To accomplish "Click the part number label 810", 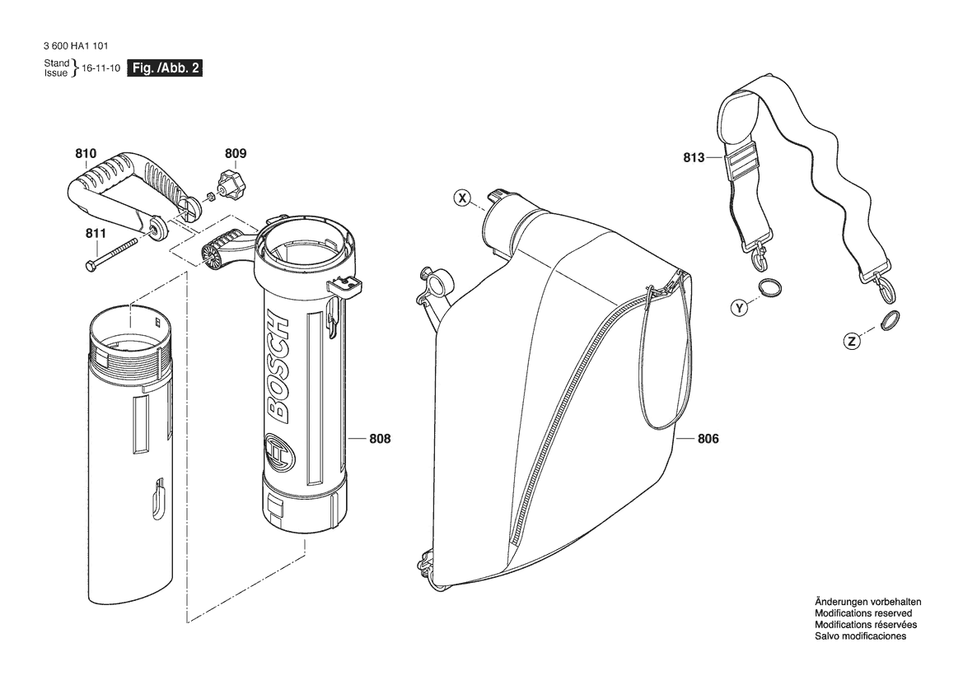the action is [86, 153].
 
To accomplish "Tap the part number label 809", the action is [236, 153].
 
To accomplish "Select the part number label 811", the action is [96, 233].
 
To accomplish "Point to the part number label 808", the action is [380, 439].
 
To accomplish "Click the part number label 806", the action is [708, 439].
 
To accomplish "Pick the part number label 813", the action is [694, 158].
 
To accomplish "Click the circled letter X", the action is [462, 198].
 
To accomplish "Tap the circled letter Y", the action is [740, 307].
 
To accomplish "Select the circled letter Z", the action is [851, 342].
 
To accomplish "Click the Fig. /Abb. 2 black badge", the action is [165, 68].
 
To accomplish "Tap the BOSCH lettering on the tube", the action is [277, 368].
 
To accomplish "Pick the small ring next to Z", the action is [890, 319].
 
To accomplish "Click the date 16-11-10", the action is [101, 68].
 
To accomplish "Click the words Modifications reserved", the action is [862, 613].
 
